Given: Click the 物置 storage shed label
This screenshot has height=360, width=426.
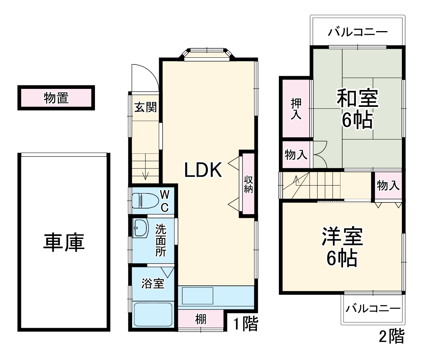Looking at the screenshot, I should point(56,98).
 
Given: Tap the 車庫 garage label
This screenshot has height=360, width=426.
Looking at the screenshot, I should point(64,243).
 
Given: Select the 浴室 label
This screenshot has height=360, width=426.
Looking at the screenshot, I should point(153,284).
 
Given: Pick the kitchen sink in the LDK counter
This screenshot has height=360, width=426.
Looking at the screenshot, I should point(197,296).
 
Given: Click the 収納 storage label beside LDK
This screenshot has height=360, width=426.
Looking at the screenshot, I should point(248,184).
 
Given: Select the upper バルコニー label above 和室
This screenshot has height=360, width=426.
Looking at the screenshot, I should point(357,32).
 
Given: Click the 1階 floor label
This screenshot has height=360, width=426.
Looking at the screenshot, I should point(246,324).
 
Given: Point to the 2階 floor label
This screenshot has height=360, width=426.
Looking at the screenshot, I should point(391,336).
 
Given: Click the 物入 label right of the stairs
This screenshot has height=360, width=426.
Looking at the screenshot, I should point(388,185).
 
